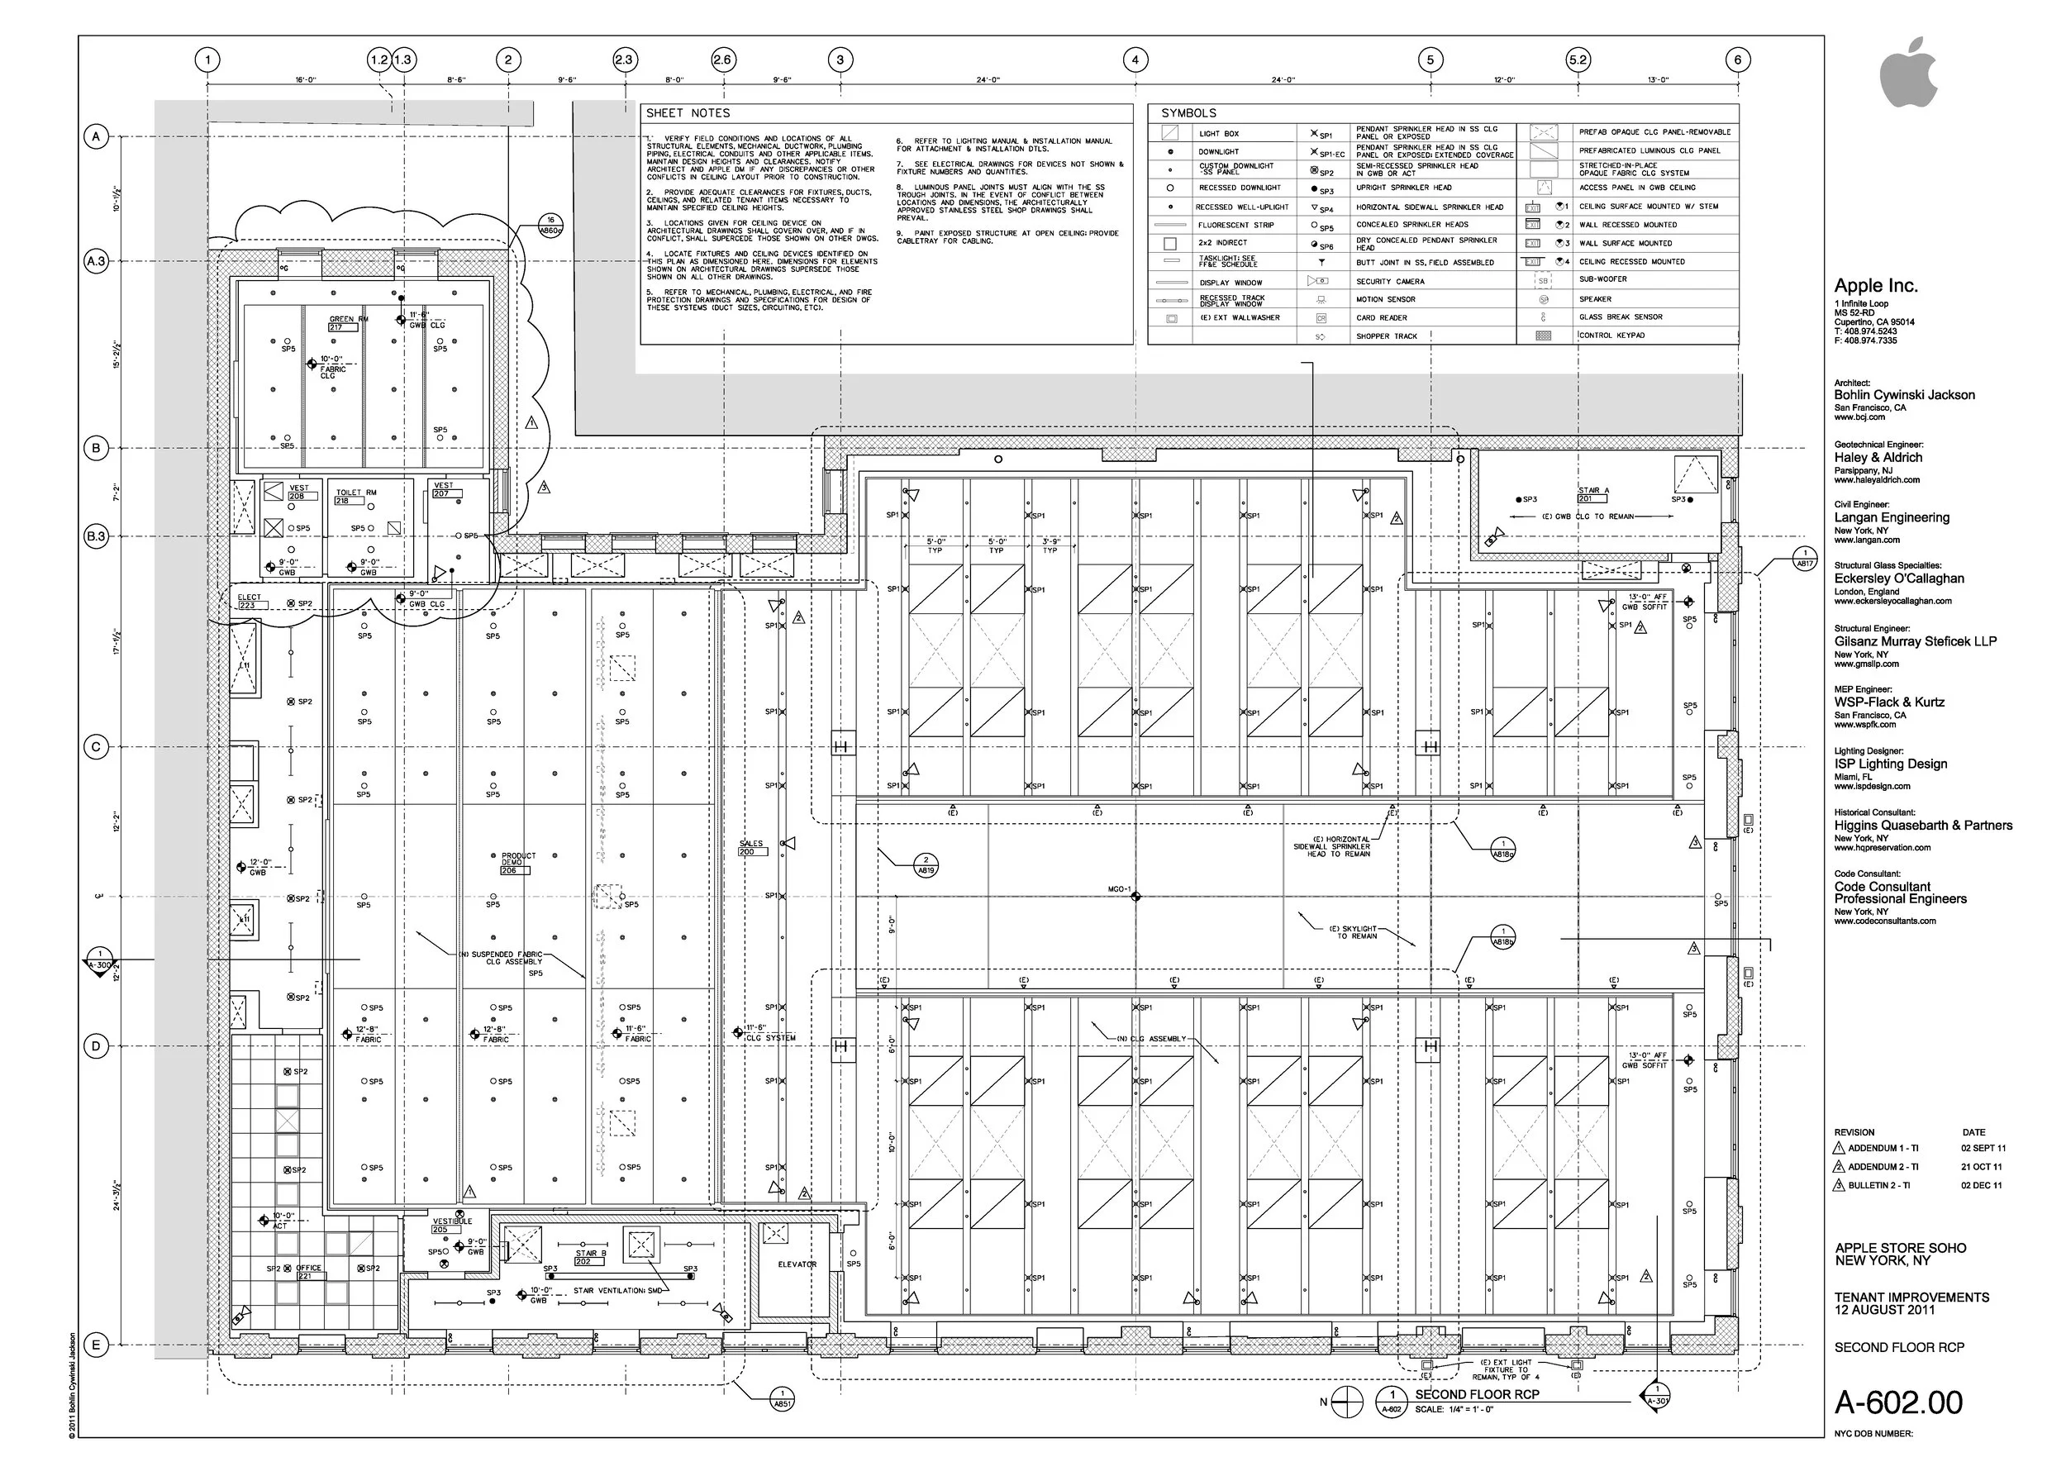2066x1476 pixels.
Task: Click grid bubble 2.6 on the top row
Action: pos(721,60)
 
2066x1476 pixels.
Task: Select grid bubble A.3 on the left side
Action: pos(95,262)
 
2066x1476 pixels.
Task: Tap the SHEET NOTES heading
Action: pos(688,113)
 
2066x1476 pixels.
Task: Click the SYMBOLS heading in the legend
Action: pos(1188,113)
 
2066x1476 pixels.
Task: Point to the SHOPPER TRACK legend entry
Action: pos(1386,336)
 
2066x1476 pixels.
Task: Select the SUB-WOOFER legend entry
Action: pos(1602,280)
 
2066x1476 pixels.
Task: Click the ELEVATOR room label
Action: pos(797,1264)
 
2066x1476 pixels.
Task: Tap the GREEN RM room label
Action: pos(348,320)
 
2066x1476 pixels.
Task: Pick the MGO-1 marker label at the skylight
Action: pos(1119,889)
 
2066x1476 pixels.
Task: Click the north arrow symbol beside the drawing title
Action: pos(1348,1402)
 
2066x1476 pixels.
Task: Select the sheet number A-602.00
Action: pos(1898,1402)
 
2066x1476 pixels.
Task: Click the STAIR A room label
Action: pos(1593,491)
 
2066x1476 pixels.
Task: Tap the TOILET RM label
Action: pos(355,493)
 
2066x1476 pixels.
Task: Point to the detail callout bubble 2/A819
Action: pos(926,864)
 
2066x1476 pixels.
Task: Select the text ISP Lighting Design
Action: pos(1890,764)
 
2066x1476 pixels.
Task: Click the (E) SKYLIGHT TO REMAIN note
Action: pos(1354,932)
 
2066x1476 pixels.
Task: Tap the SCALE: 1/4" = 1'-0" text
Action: pos(1454,1410)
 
